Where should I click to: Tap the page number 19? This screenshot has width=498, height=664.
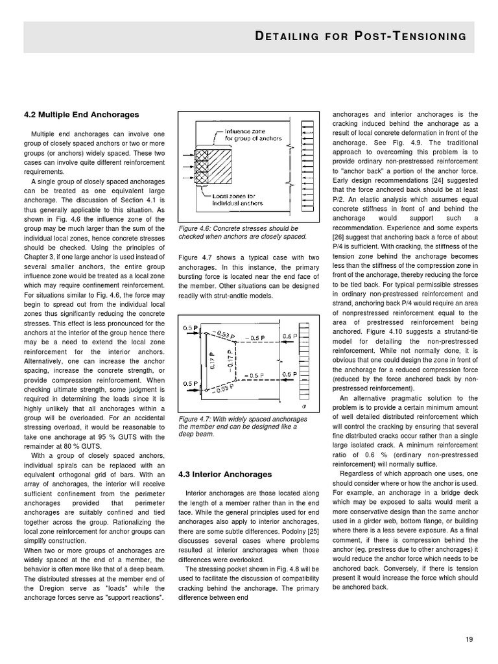(469, 639)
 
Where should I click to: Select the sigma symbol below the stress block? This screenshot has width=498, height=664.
(303, 407)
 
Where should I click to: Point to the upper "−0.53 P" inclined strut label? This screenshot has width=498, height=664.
(224, 335)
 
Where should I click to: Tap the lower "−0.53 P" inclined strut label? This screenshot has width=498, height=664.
(224, 388)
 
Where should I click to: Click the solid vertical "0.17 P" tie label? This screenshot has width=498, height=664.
(211, 361)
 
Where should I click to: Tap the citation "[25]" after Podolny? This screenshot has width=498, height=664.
(313, 530)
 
